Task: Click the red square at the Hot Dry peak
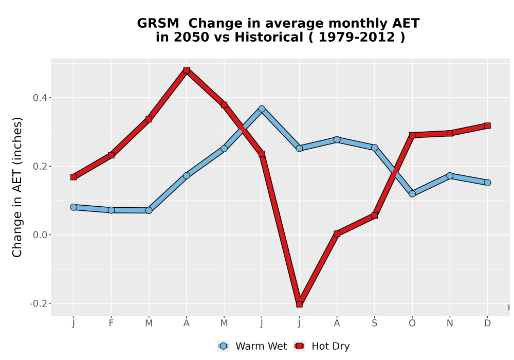coord(187,70)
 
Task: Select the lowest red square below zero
coord(299,304)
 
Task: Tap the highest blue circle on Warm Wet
coord(262,109)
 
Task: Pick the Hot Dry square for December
coord(487,125)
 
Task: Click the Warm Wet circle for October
coord(412,194)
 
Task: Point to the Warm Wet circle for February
coord(111,210)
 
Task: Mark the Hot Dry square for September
coord(375,215)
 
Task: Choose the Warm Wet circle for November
coord(450,176)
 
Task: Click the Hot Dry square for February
coord(111,155)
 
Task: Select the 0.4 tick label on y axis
coord(40,98)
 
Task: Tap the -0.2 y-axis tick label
coord(38,303)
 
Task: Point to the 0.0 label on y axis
coord(40,235)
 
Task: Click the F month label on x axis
coord(111,323)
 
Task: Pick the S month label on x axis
coord(374,323)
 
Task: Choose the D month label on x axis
coord(487,323)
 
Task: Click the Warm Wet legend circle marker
coord(223,346)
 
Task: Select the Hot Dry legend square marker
coord(299,346)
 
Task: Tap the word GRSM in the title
coord(158,23)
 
